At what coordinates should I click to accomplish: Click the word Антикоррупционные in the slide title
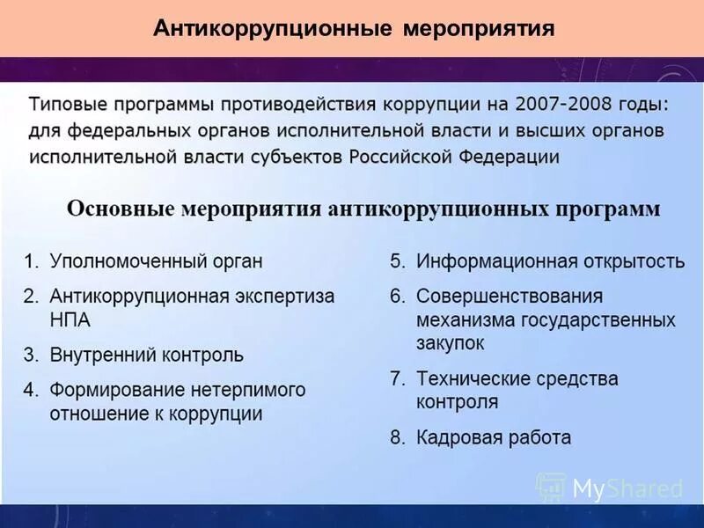(272, 28)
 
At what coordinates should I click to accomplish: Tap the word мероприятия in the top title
(479, 28)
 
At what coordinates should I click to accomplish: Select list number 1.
(30, 261)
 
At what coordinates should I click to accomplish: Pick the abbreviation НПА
(70, 319)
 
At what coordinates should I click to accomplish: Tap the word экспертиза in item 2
(286, 297)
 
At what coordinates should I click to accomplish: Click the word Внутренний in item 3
(103, 356)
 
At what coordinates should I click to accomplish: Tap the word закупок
(450, 343)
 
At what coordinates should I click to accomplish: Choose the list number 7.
(398, 379)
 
